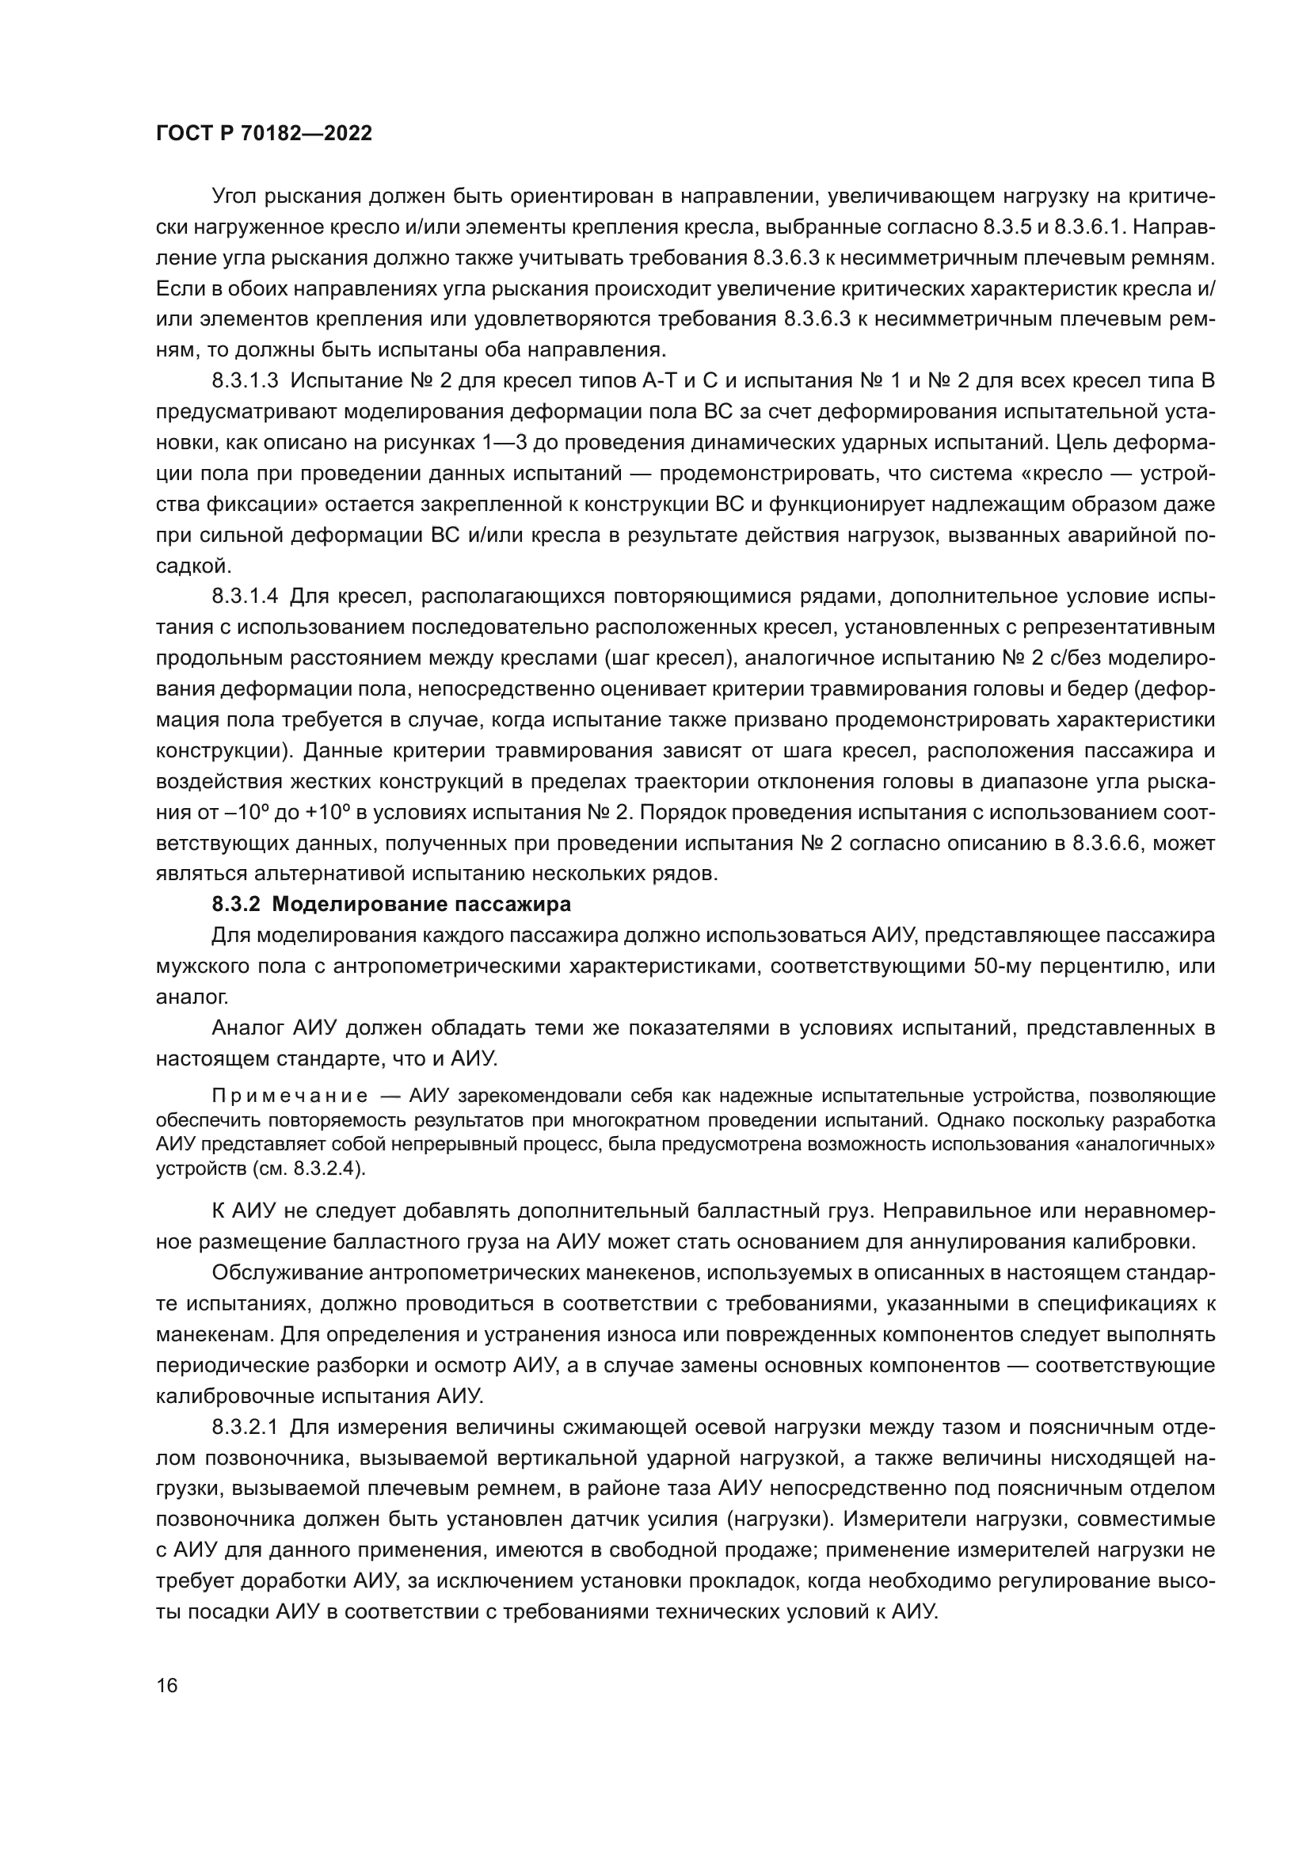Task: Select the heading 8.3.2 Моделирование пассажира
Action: click(x=391, y=905)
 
